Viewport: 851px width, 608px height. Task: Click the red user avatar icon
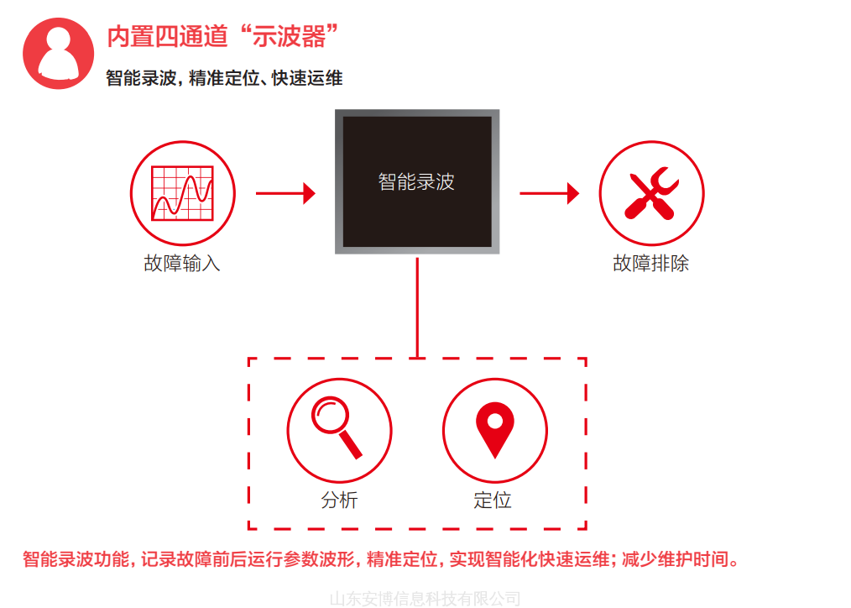click(x=58, y=53)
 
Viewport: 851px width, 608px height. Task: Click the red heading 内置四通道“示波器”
click(x=222, y=36)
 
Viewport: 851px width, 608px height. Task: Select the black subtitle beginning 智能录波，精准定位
click(x=224, y=78)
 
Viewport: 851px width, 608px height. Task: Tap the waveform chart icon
click(x=183, y=193)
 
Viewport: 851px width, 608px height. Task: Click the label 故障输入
click(x=182, y=264)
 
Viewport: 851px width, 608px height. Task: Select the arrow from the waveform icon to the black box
click(x=285, y=193)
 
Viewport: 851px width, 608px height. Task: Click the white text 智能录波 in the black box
click(x=416, y=182)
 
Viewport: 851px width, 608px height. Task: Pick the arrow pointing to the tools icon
click(x=549, y=193)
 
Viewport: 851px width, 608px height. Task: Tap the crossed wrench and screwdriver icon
click(x=651, y=193)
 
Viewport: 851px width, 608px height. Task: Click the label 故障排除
click(x=650, y=264)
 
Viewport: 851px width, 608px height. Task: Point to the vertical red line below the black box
click(x=417, y=308)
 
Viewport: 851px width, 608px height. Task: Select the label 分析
click(x=339, y=500)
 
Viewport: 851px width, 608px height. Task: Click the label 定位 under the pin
click(x=493, y=500)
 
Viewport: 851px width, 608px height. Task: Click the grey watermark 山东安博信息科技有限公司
click(x=425, y=599)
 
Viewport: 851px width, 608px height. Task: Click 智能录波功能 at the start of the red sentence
click(x=76, y=559)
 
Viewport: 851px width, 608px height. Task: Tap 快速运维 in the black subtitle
click(x=307, y=78)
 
